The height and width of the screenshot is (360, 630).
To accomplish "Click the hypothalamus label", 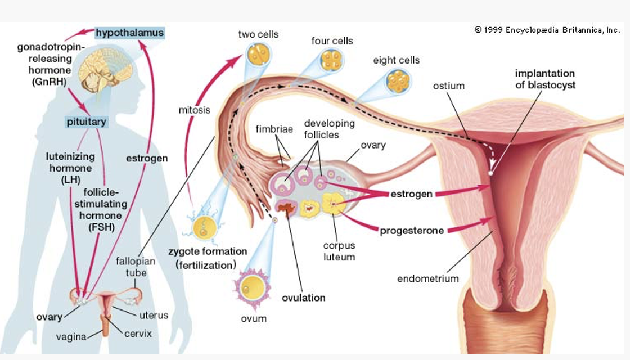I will click(x=129, y=33).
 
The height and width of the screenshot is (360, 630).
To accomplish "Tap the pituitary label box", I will click(x=86, y=121).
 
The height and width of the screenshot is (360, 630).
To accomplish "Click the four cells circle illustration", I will click(x=332, y=60).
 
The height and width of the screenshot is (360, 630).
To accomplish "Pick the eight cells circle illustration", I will click(x=399, y=82).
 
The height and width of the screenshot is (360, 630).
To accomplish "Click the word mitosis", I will click(x=195, y=110).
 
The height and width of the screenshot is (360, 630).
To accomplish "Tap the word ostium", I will click(x=449, y=85).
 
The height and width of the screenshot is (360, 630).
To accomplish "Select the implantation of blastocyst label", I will click(x=545, y=79).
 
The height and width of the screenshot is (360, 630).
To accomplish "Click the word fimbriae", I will click(x=274, y=129).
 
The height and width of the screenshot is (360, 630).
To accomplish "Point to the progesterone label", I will click(x=412, y=230).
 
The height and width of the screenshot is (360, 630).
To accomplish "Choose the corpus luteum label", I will click(x=339, y=251).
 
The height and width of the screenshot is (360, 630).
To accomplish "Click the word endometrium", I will click(x=428, y=278).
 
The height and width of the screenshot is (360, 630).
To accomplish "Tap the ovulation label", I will click(x=304, y=298).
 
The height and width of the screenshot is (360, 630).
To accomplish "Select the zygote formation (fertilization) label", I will click(x=208, y=258).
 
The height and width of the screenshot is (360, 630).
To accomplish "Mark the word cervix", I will click(x=138, y=333).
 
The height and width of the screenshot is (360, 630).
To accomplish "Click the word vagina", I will click(x=71, y=337).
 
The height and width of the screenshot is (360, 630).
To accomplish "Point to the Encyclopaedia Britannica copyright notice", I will click(x=547, y=30).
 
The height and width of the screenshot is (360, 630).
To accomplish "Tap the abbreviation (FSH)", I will click(x=101, y=227).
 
